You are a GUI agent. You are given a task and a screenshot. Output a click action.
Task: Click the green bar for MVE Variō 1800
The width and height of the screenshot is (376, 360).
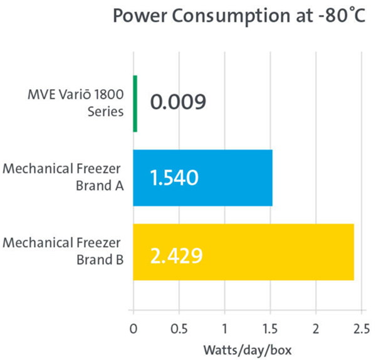tap(135, 103)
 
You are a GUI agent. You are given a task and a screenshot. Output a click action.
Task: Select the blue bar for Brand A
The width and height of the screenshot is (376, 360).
tap(202, 178)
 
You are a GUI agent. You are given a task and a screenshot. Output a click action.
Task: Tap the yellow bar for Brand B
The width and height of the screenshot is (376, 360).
tap(243, 252)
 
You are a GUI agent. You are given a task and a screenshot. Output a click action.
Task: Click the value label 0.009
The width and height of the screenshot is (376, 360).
tap(178, 102)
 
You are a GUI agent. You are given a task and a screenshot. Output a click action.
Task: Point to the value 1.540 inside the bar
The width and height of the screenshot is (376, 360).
tap(175, 179)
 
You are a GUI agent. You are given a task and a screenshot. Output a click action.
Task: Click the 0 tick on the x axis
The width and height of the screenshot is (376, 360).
tap(133, 327)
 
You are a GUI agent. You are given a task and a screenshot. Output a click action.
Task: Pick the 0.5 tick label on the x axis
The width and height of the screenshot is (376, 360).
tap(179, 327)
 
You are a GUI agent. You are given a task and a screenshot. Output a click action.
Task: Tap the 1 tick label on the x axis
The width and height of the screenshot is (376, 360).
tap(224, 327)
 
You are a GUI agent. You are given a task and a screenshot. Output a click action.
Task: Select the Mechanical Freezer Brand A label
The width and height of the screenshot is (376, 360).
tap(62, 177)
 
